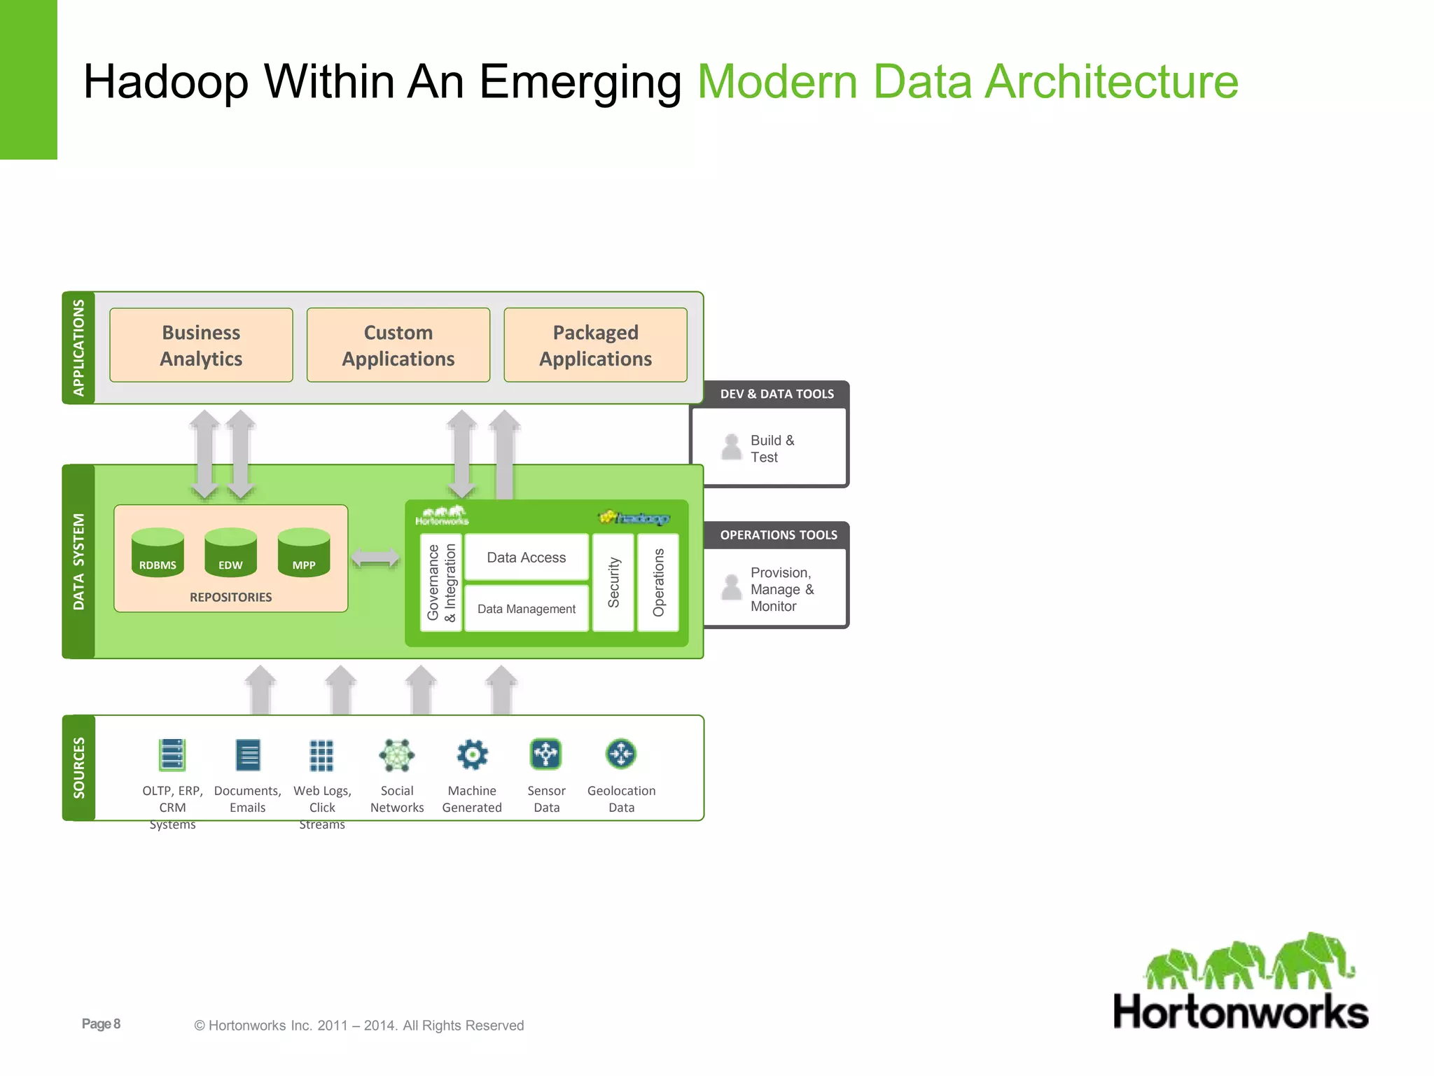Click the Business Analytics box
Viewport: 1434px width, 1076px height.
(201, 345)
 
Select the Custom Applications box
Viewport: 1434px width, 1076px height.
(398, 345)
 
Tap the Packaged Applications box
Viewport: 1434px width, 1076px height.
(595, 345)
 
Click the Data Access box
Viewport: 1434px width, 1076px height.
(527, 558)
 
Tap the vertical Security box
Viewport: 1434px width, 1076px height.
(613, 582)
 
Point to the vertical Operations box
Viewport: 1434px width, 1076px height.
(658, 582)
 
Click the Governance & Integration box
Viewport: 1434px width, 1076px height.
(441, 582)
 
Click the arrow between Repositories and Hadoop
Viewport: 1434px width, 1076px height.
(375, 558)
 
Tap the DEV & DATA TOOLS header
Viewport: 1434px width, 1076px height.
(777, 394)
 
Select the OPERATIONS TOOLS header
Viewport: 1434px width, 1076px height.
(778, 535)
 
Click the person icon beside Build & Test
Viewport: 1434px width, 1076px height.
(732, 447)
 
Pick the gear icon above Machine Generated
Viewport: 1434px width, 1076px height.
(472, 754)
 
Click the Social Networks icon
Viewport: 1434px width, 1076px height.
(397, 754)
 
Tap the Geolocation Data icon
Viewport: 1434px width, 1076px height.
(621, 754)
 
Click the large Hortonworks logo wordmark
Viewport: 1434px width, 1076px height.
(1241, 1012)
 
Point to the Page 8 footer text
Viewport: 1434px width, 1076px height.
(101, 1024)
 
